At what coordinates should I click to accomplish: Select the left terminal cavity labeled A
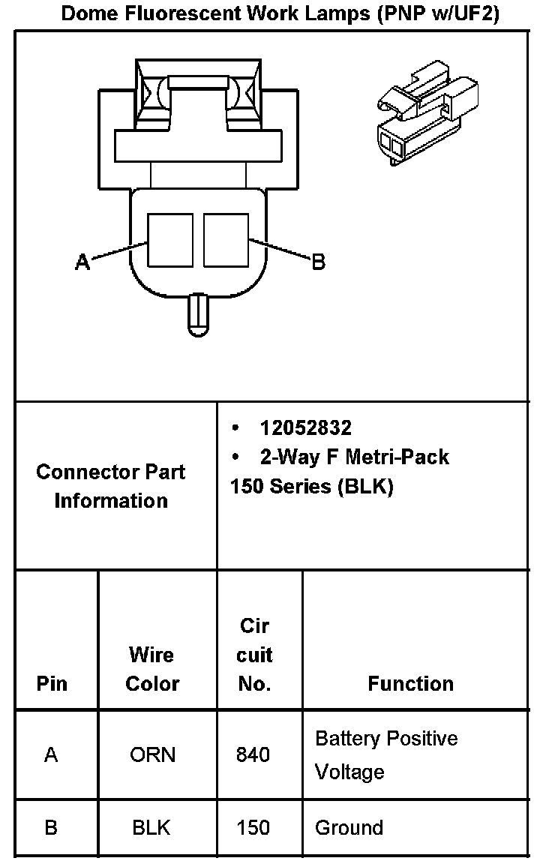[170, 240]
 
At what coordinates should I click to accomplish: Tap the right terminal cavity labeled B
[226, 240]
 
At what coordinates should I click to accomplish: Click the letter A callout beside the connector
[82, 262]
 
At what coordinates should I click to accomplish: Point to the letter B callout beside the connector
[318, 262]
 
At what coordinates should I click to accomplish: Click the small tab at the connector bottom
[199, 314]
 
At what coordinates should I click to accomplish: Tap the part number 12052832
[305, 427]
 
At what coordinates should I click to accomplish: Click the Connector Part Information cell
[111, 486]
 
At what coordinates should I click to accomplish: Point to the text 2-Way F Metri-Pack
[354, 457]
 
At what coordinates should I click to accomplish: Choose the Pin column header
[52, 683]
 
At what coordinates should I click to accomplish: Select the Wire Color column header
[152, 669]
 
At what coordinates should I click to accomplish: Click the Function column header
[410, 683]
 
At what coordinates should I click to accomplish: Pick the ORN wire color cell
[152, 754]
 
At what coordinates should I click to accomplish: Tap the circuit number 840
[253, 754]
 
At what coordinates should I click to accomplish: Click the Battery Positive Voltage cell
[386, 754]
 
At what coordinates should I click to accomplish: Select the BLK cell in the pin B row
[151, 827]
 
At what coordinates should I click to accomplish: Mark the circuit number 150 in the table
[253, 827]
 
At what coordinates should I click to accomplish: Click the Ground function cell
[349, 827]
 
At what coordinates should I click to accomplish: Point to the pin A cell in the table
[51, 754]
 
